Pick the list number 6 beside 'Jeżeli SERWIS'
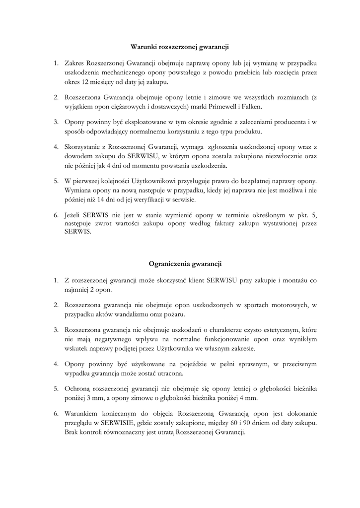click(x=56, y=216)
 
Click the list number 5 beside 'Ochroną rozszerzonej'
click(x=56, y=388)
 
